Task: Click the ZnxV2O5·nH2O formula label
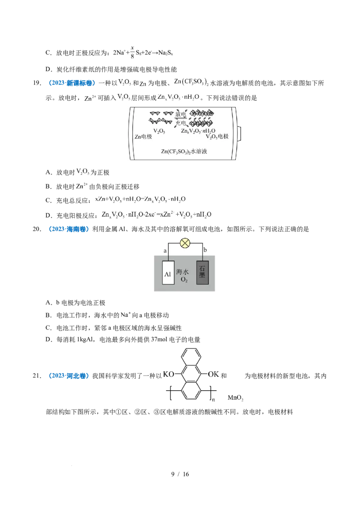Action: click(x=198, y=130)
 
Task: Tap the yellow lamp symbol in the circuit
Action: click(x=185, y=243)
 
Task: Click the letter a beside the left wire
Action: click(x=165, y=250)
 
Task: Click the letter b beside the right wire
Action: click(x=205, y=250)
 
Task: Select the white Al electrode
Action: click(x=168, y=272)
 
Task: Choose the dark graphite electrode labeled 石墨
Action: click(x=202, y=272)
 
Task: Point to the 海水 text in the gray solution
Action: click(x=185, y=272)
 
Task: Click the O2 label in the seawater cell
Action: click(x=185, y=280)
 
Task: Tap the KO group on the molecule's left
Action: click(x=168, y=374)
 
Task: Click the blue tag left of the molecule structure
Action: click(x=68, y=376)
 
